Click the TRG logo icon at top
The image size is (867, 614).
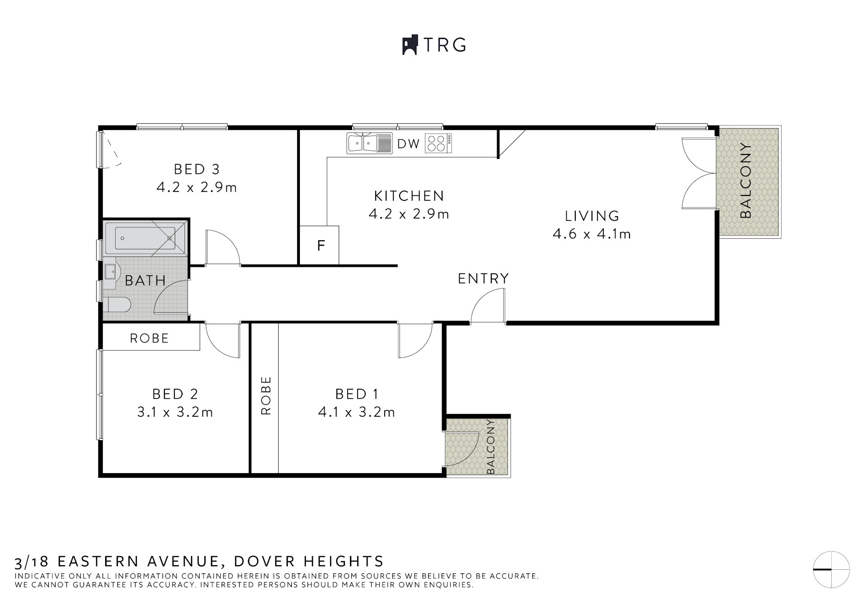click(410, 45)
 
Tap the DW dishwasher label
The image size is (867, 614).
click(408, 144)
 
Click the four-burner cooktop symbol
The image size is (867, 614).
click(438, 144)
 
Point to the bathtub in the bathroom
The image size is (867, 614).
click(144, 238)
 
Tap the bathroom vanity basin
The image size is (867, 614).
click(111, 272)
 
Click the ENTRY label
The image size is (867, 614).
click(483, 279)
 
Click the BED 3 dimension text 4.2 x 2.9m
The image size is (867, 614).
click(196, 187)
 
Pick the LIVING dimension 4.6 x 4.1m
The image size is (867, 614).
click(592, 234)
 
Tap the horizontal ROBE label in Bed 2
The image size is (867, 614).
click(149, 338)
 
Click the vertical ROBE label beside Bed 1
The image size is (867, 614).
click(266, 395)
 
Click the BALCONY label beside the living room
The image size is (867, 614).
click(746, 181)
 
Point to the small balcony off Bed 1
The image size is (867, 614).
click(477, 447)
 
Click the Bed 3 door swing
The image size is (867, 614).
click(222, 248)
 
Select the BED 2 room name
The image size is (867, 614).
click(175, 394)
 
